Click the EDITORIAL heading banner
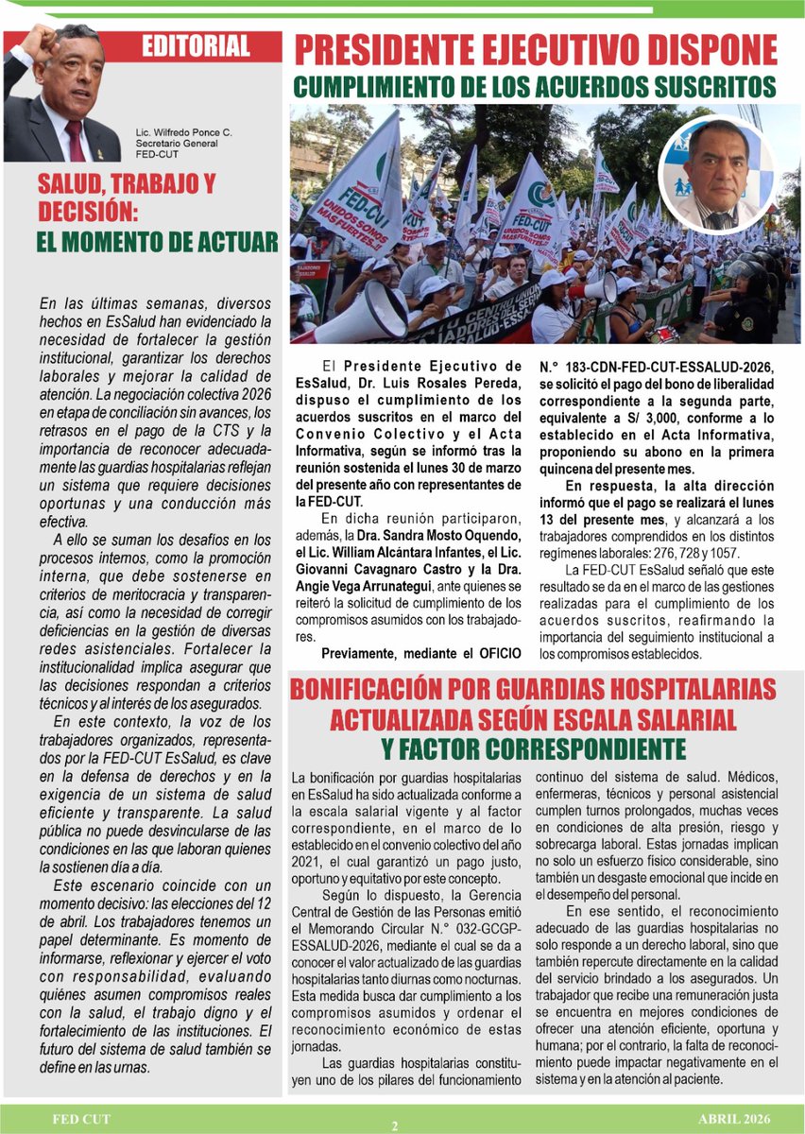click(196, 45)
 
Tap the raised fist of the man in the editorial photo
click(38, 42)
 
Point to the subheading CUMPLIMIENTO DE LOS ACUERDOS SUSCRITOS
click(535, 87)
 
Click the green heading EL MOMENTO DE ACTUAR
click(157, 242)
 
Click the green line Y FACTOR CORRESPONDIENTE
click(534, 749)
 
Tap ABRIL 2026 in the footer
click(736, 1119)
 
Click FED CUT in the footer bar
click(81, 1119)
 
